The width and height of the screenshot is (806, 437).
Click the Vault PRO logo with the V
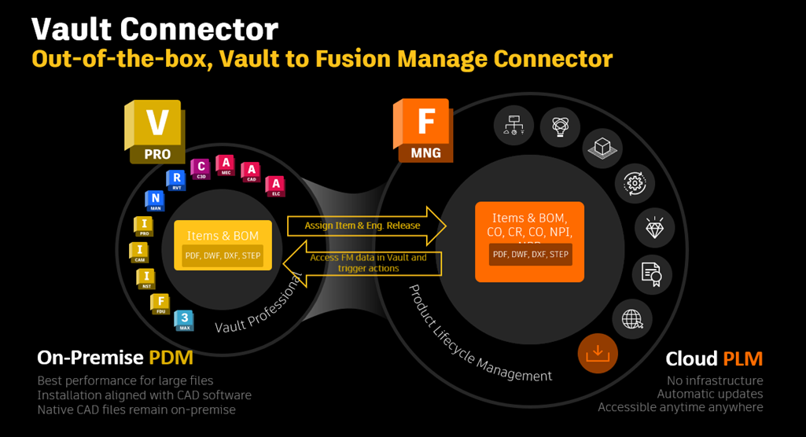[154, 131]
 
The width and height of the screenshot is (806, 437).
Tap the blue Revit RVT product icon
[175, 181]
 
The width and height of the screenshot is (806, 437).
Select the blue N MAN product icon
[155, 200]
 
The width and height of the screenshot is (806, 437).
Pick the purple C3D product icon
[201, 168]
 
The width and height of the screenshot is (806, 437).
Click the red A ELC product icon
[274, 186]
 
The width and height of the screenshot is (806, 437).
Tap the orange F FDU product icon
[160, 304]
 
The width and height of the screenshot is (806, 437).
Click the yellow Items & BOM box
[223, 244]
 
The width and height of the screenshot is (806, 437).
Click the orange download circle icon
[598, 353]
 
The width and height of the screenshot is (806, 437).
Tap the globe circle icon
[632, 319]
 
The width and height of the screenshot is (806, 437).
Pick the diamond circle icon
[654, 228]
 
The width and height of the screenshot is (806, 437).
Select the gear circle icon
[635, 183]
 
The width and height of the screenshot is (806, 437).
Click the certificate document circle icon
[651, 274]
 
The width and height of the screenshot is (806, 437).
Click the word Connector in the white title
[199, 29]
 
